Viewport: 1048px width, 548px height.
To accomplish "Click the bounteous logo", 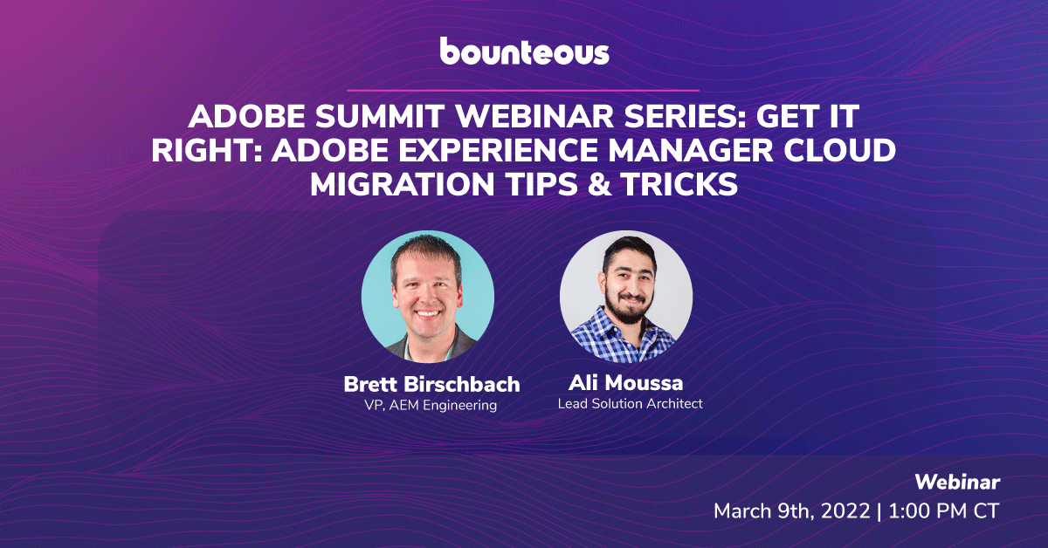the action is coord(524,51).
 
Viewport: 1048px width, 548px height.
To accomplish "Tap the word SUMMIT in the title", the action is coord(379,116).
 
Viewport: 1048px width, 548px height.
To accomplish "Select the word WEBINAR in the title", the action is coord(534,116).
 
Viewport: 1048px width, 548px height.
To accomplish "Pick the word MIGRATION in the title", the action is coord(402,184).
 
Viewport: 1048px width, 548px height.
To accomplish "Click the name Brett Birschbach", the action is coord(431,384).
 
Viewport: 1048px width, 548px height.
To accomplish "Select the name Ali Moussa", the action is coord(626,383).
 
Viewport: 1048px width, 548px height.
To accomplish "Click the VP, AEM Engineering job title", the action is coord(431,405).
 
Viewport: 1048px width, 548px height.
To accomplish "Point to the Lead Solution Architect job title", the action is coord(631,403).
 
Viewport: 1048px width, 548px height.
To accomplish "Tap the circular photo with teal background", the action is coord(428,297).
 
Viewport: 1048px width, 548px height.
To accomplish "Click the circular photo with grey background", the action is coord(626,297).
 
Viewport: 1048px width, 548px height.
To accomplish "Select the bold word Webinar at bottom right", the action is coord(957,483).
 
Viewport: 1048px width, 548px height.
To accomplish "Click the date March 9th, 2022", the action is coord(791,511).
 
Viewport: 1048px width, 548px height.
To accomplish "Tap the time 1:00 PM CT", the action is coord(944,511).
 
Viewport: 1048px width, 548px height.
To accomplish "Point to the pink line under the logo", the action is coord(523,90).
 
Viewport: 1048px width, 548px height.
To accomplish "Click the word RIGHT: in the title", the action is coord(206,150).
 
